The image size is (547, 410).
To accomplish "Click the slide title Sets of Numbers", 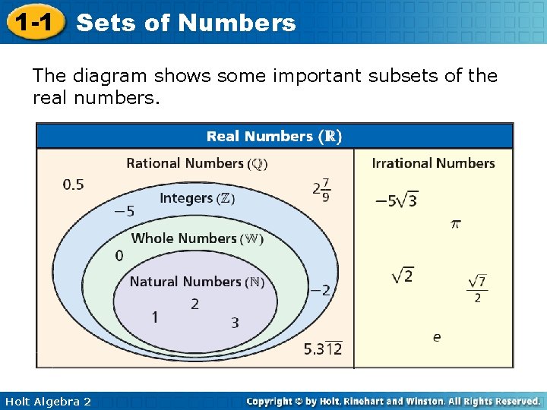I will [186, 23].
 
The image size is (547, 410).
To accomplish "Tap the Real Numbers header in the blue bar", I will [274, 137].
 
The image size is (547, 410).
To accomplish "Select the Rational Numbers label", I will [197, 163].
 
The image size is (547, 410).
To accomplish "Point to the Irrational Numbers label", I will [433, 163].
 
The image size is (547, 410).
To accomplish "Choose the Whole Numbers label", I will [198, 238].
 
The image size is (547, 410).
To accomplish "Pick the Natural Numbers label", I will [197, 282].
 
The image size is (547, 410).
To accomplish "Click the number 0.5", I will [74, 184].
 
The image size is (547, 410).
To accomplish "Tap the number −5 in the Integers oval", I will [124, 211].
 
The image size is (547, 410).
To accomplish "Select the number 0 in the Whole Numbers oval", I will [119, 257].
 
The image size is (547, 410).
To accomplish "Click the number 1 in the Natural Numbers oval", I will [155, 317].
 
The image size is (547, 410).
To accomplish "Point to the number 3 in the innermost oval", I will [235, 323].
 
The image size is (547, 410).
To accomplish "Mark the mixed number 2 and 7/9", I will [321, 189].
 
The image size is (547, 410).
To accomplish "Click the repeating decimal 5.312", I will [323, 348].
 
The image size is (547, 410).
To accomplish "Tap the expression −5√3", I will [396, 200].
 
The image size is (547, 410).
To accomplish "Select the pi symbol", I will [456, 224].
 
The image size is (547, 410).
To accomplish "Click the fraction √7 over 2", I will [477, 289].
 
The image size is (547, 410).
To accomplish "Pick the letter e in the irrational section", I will [437, 336].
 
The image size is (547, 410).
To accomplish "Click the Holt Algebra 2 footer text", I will [46, 402].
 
